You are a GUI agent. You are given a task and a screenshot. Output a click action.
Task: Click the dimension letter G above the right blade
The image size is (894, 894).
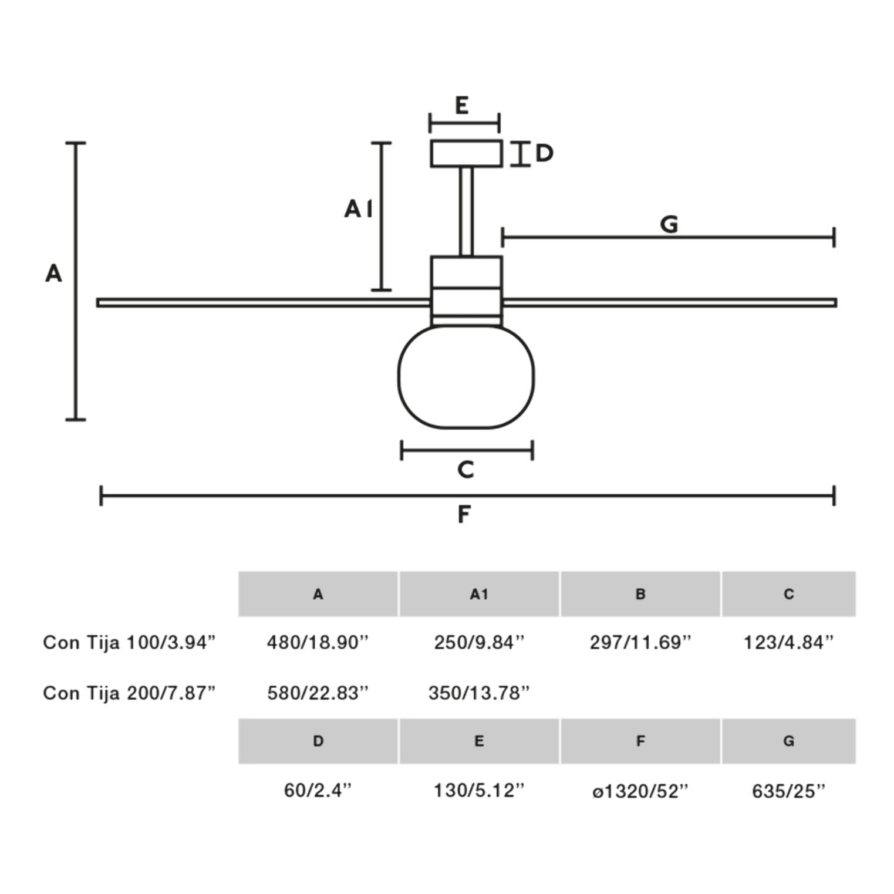pyautogui.click(x=669, y=224)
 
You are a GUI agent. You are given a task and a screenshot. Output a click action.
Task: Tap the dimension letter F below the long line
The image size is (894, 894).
pyautogui.click(x=464, y=514)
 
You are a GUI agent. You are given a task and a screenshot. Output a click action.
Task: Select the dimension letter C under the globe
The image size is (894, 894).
pyautogui.click(x=465, y=470)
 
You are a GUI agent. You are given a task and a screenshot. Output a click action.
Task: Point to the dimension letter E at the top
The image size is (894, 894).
pyautogui.click(x=462, y=106)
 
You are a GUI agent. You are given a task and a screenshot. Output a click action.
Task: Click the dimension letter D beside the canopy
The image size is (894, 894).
pyautogui.click(x=544, y=153)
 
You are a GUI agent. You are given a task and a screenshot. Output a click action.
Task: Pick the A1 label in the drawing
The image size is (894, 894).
pyautogui.click(x=358, y=208)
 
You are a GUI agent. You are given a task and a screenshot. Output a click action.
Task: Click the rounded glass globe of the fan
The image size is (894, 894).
pyautogui.click(x=466, y=377)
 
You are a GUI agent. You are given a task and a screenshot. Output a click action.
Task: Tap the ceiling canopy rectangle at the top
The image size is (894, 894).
pyautogui.click(x=466, y=153)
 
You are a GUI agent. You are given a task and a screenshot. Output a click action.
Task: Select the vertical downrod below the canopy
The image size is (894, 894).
pyautogui.click(x=466, y=211)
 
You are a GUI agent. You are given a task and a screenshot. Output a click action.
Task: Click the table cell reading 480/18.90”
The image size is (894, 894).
pyautogui.click(x=318, y=642)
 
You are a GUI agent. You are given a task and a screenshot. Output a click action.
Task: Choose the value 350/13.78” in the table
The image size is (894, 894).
pyautogui.click(x=479, y=693)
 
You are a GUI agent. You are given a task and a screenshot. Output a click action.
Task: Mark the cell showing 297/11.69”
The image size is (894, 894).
pyautogui.click(x=640, y=642)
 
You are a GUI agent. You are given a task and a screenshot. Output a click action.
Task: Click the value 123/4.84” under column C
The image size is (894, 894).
pyautogui.click(x=788, y=642)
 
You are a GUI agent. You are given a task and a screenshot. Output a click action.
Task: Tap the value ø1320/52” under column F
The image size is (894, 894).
pyautogui.click(x=640, y=791)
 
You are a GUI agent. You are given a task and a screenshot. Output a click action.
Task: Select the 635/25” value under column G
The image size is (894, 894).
pyautogui.click(x=788, y=791)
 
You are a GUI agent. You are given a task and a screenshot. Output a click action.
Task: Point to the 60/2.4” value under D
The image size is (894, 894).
pyautogui.click(x=318, y=790)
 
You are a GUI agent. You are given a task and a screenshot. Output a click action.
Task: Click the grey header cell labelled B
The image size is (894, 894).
pyautogui.click(x=640, y=594)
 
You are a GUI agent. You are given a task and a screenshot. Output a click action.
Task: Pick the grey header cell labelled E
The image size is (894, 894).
pyautogui.click(x=479, y=741)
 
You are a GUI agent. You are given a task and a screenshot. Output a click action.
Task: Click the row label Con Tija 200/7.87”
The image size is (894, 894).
pyautogui.click(x=129, y=693)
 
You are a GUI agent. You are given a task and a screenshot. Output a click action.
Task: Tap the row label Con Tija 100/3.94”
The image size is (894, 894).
pyautogui.click(x=129, y=642)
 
